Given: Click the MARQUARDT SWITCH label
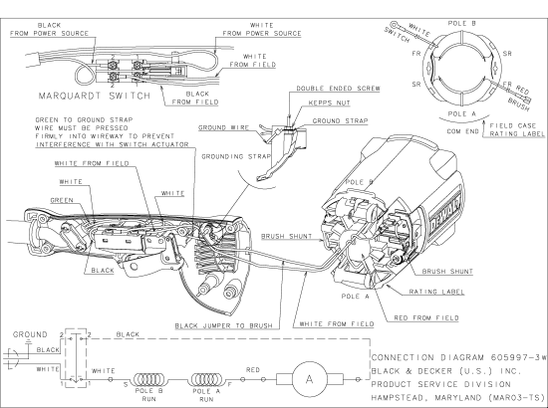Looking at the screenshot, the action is click(x=95, y=96).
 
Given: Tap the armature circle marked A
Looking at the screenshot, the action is click(x=309, y=379).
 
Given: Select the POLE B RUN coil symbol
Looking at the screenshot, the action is click(x=149, y=379).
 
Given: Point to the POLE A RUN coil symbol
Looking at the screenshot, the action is click(x=207, y=379).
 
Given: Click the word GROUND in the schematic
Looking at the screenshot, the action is click(x=30, y=334).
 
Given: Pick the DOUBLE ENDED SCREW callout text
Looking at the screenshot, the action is click(x=338, y=89).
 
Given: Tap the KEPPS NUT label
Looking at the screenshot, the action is click(x=329, y=103).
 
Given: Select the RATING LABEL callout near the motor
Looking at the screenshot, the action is click(x=436, y=292).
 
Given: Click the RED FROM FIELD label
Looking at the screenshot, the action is click(x=426, y=318).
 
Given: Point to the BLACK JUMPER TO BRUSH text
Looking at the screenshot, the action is click(x=223, y=326).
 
